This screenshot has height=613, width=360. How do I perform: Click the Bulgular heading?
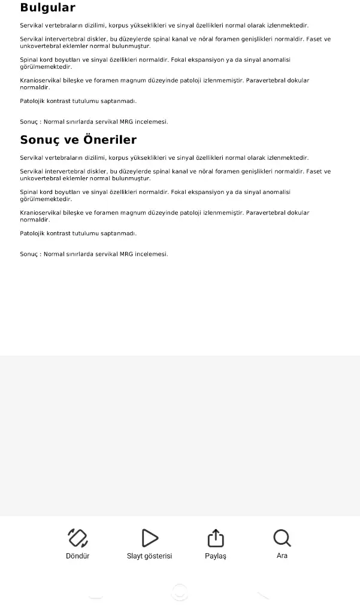(47, 8)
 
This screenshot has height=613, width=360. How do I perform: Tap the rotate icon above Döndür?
(78, 538)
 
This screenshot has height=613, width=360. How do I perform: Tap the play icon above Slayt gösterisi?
(150, 538)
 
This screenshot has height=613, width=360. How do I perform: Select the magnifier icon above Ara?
(282, 538)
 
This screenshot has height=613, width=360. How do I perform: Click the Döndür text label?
(78, 556)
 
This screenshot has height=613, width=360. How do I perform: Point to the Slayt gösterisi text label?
(149, 556)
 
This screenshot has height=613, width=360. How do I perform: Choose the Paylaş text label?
(216, 556)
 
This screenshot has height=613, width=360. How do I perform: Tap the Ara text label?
(282, 556)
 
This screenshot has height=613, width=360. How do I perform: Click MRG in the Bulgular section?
(126, 122)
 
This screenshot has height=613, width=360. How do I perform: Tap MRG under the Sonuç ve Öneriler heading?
(126, 254)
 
